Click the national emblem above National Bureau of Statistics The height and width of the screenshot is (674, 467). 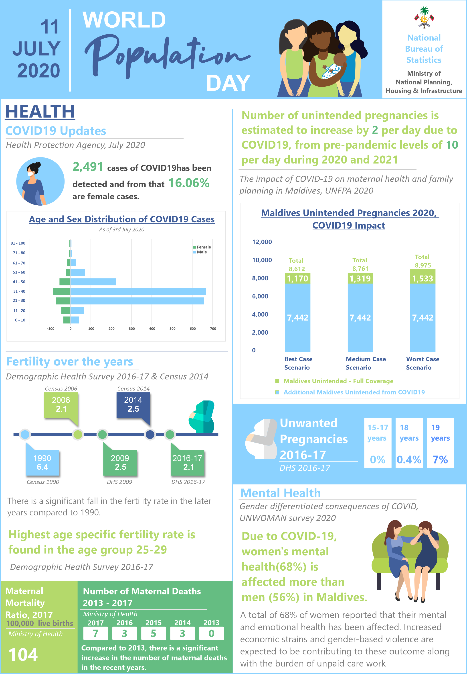click(x=424, y=18)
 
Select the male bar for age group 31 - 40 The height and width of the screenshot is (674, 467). click(x=138, y=291)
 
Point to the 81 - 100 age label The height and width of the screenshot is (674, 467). click(x=18, y=243)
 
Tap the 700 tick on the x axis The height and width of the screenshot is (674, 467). click(x=213, y=329)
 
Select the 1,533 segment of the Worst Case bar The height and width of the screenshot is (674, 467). click(x=423, y=278)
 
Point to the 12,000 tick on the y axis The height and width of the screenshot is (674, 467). click(x=262, y=242)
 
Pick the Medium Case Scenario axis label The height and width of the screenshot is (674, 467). click(x=366, y=363)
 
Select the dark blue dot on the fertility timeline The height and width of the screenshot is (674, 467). click(x=150, y=434)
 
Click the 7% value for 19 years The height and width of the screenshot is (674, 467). click(x=440, y=460)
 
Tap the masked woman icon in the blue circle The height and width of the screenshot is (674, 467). click(x=40, y=181)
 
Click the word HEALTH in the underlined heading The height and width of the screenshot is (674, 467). click(x=40, y=111)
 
